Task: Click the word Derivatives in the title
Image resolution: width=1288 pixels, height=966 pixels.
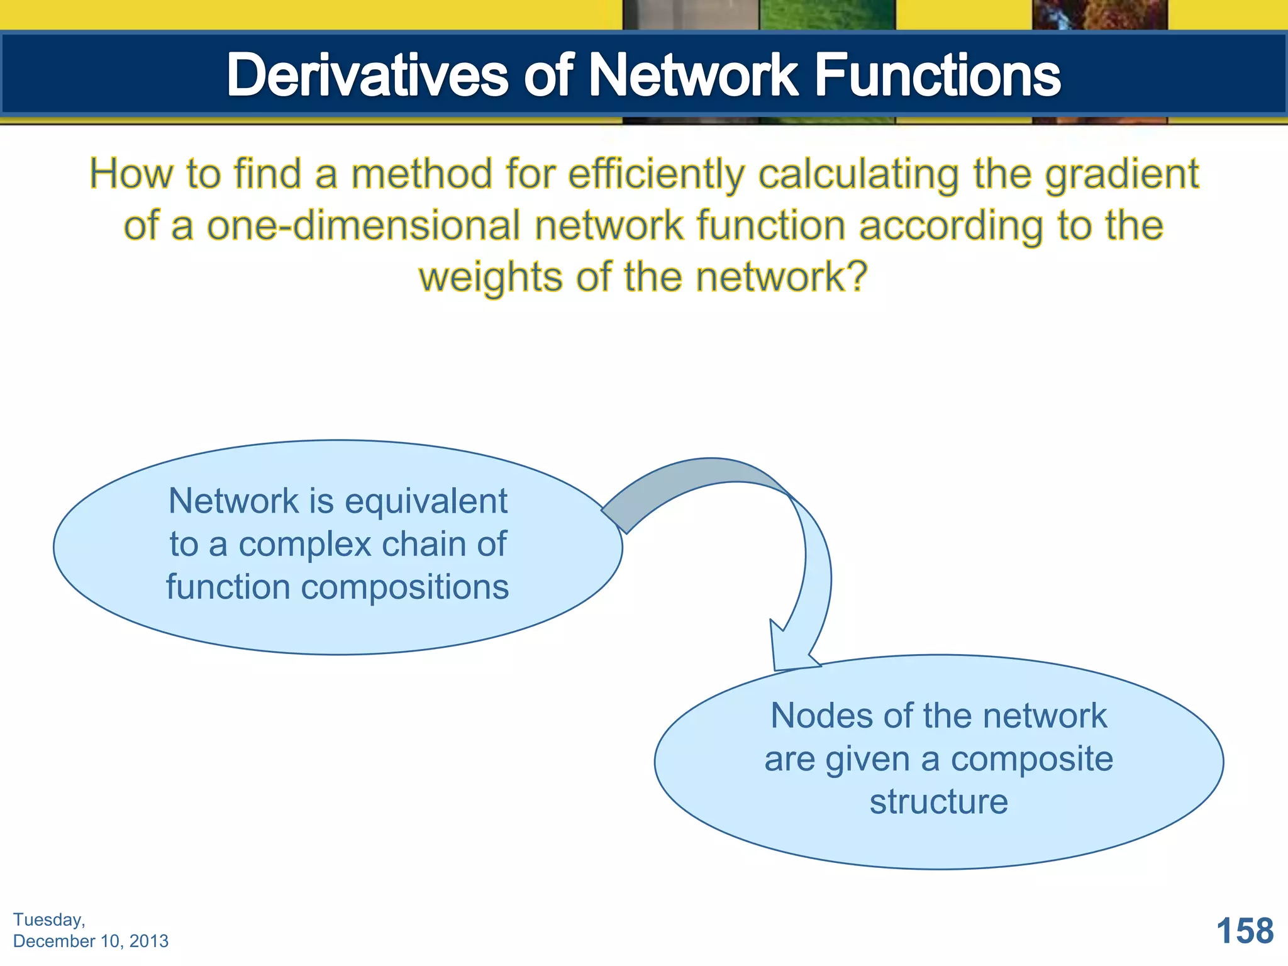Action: (367, 75)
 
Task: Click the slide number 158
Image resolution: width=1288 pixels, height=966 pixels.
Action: (1245, 931)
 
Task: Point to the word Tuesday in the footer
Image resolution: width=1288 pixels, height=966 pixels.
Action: (48, 919)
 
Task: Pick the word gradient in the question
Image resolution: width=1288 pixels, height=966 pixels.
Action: (1121, 174)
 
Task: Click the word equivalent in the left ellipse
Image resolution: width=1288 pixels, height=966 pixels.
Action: (426, 501)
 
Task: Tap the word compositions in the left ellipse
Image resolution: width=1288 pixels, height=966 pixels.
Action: (404, 587)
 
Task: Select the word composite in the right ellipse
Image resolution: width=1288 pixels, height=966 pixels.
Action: (1031, 759)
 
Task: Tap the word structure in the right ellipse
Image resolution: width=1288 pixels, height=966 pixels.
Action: (938, 802)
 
